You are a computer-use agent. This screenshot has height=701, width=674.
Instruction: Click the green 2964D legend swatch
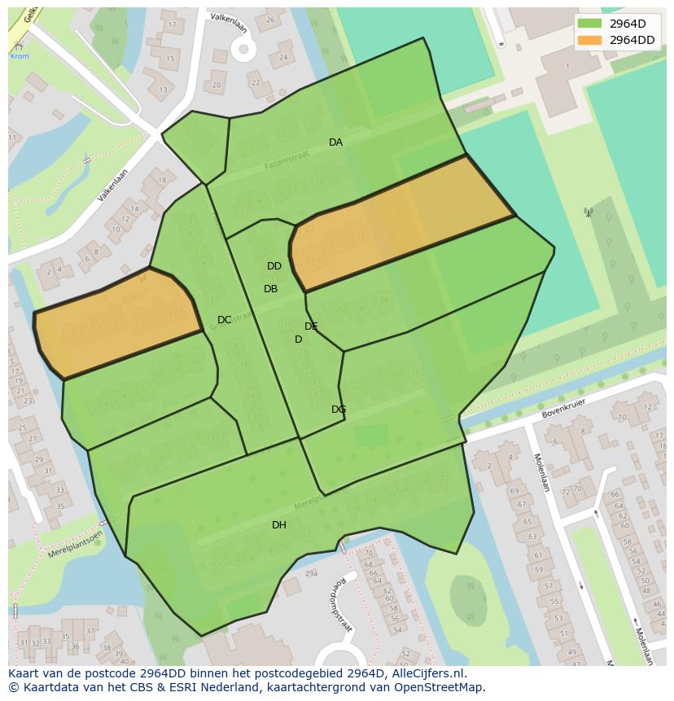coord(590,24)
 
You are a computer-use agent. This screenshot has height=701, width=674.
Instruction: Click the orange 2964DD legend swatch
coord(590,40)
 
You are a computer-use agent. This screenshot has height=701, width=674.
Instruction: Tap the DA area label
coord(335,142)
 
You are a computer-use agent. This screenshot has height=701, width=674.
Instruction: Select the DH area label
coord(279,525)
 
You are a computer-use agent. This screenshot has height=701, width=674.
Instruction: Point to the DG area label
coord(339,410)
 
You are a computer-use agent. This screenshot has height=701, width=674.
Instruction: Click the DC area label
coord(225,320)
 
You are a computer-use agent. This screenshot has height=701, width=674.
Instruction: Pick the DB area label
coord(271,289)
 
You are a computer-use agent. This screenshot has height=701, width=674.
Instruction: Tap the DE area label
coord(311,326)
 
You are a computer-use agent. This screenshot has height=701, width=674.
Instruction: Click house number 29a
coord(310,574)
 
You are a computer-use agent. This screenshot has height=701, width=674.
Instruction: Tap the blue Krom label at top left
coord(19,56)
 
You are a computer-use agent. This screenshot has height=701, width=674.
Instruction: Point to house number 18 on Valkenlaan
coord(161,181)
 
